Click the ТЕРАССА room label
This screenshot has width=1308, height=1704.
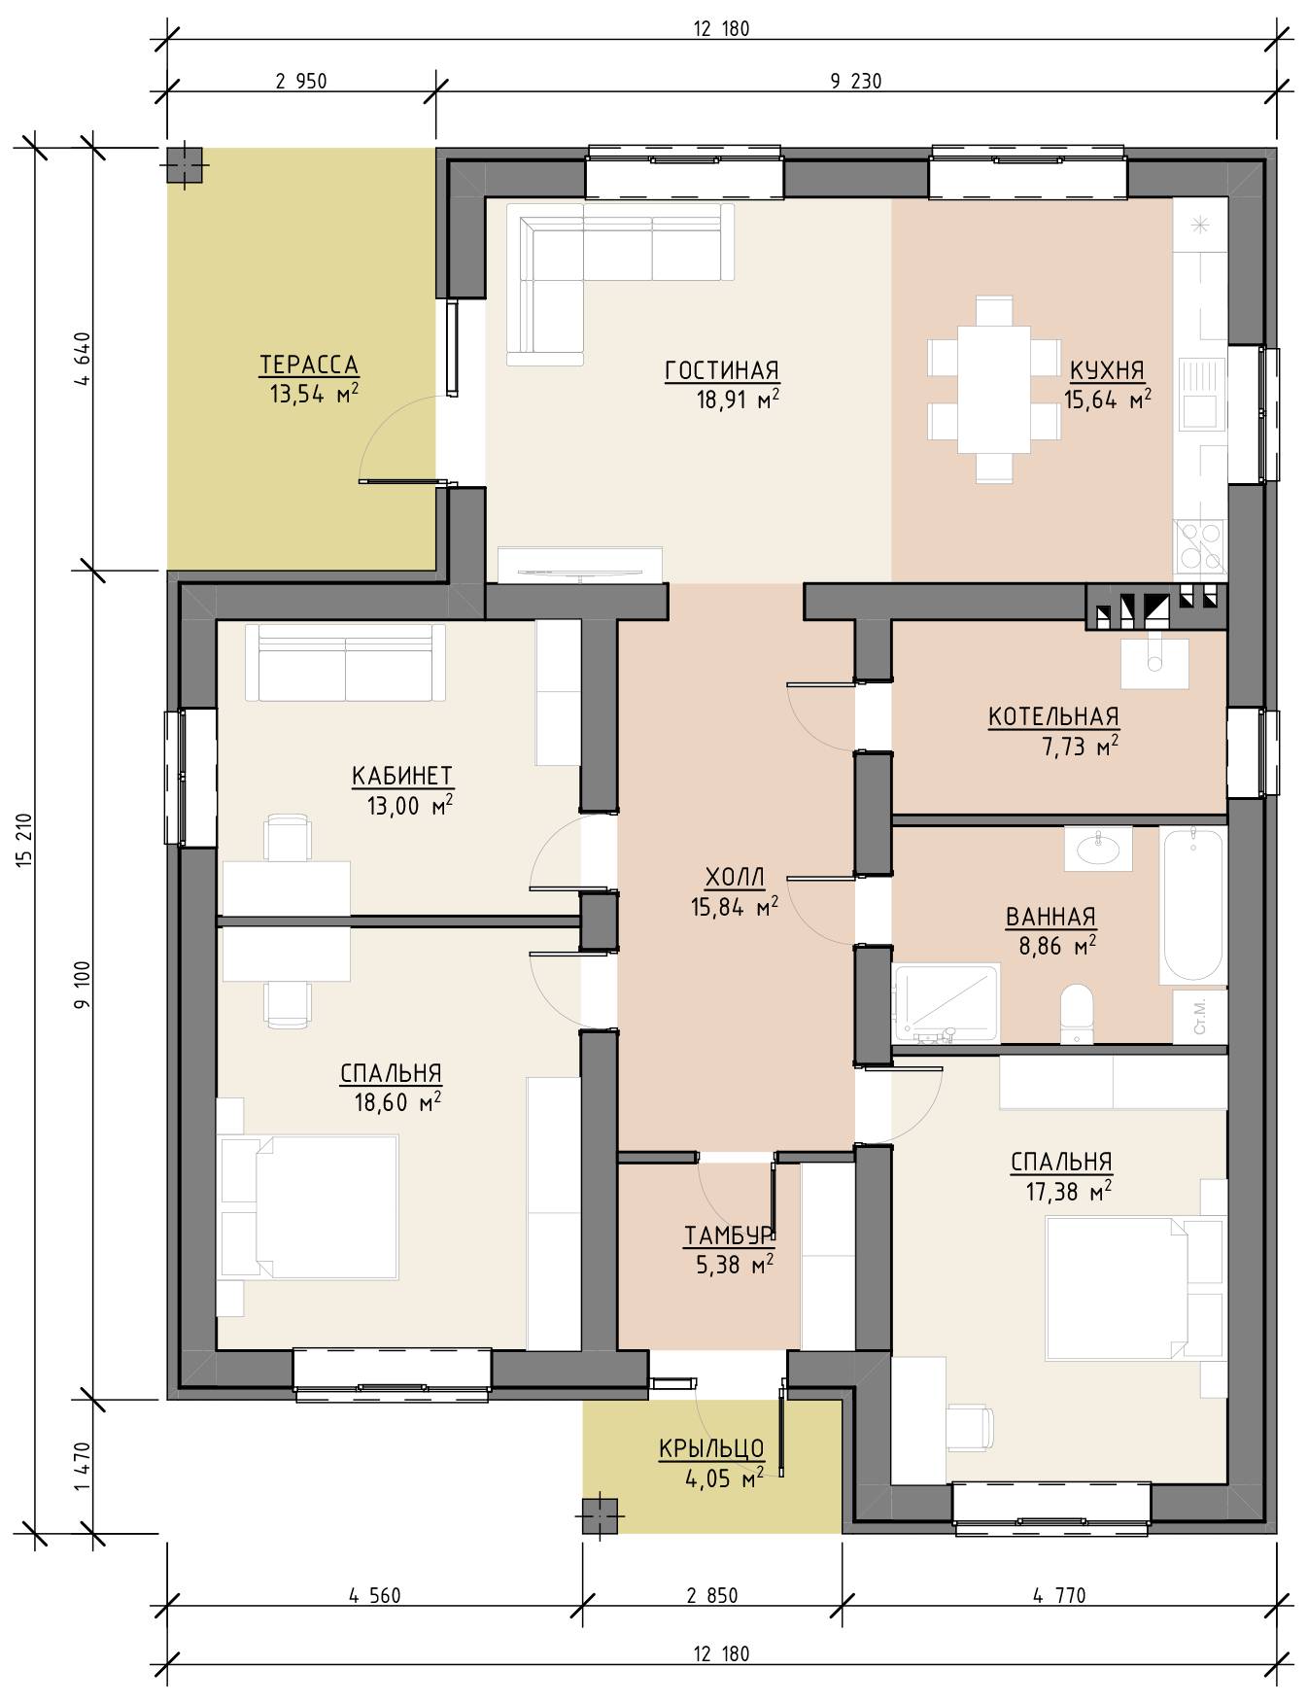pyautogui.click(x=309, y=365)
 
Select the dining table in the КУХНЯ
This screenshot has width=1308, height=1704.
pyautogui.click(x=992, y=390)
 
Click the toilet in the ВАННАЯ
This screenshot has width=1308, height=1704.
pyautogui.click(x=1075, y=1013)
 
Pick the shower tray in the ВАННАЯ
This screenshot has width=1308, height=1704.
pyautogui.click(x=947, y=1004)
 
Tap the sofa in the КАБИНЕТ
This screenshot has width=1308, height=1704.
pyautogui.click(x=346, y=662)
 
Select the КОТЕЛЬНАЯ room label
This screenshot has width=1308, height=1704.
pyautogui.click(x=1053, y=717)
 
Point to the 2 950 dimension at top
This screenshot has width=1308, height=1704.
pyautogui.click(x=301, y=82)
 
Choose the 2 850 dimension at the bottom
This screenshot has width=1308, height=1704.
pyautogui.click(x=711, y=1596)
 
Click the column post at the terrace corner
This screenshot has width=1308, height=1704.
pyautogui.click(x=185, y=165)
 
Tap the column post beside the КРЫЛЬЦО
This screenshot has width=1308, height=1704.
pyautogui.click(x=601, y=1515)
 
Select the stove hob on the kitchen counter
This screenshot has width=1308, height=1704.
pyautogui.click(x=1200, y=545)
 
